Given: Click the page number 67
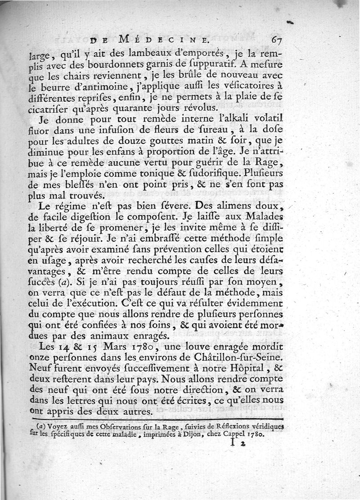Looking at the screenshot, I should click(276, 39).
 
